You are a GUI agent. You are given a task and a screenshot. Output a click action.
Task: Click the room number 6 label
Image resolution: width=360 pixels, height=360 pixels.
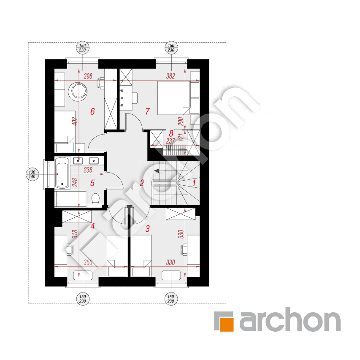click(x=92, y=111)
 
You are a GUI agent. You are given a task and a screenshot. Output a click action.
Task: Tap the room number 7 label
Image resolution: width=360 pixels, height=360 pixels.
click(x=147, y=111)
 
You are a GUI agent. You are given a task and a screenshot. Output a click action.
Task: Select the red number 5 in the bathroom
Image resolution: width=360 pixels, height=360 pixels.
click(x=92, y=183)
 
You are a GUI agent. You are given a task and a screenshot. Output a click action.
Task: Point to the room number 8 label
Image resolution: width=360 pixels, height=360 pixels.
click(x=171, y=133)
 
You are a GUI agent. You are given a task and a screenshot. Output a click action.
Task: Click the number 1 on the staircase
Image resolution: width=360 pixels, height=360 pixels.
click(x=194, y=183)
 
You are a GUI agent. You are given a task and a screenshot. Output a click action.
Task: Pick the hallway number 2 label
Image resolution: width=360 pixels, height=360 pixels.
click(x=142, y=183)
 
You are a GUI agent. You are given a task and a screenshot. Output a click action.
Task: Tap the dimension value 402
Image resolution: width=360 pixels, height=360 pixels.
click(x=75, y=122)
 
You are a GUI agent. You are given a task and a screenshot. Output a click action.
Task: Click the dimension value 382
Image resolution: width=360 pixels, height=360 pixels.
click(x=171, y=76)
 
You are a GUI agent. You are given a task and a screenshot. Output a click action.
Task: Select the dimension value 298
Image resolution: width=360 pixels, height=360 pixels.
click(x=88, y=76)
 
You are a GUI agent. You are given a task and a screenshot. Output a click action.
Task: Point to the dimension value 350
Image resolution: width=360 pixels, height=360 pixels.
click(x=88, y=263)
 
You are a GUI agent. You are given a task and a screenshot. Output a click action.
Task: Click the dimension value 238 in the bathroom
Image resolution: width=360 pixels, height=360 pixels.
click(x=88, y=170)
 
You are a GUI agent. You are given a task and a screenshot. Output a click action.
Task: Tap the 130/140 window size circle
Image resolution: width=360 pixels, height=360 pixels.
click(x=32, y=174)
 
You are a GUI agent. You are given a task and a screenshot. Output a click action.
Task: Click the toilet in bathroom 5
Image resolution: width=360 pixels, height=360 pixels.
click(x=95, y=199)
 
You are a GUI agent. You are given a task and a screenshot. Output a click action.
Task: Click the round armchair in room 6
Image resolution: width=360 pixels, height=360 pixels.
click(x=79, y=91)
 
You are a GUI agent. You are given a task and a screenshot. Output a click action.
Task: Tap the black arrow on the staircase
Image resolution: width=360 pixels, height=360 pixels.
click(x=157, y=171)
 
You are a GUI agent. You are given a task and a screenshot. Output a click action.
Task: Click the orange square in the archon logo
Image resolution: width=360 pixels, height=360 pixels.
click(x=226, y=325)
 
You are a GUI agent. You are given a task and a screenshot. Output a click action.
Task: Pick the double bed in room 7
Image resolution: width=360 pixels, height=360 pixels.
click(x=173, y=98)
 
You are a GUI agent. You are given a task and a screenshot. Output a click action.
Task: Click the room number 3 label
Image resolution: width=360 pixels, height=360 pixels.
click(x=148, y=228)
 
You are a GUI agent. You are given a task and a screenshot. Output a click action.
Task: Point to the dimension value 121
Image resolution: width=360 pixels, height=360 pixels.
click(x=181, y=137)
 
